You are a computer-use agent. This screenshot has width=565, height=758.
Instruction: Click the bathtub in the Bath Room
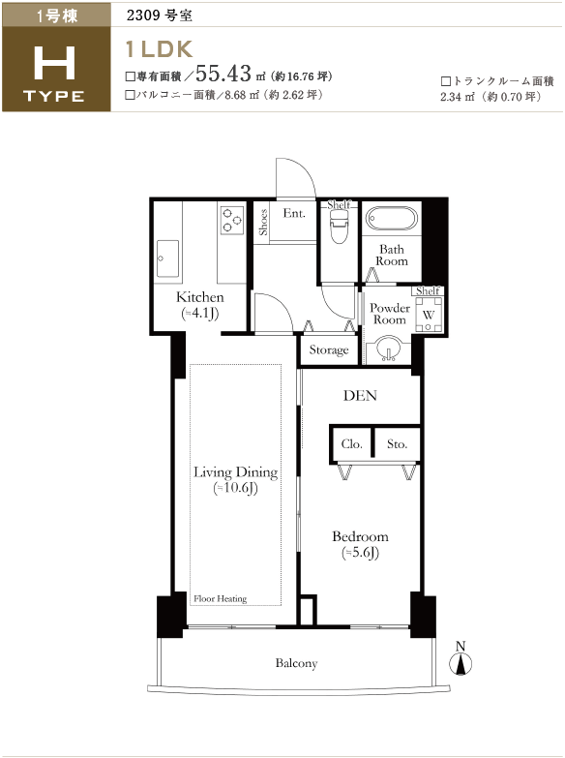click(391, 219)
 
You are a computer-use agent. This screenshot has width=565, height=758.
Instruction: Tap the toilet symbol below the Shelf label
click(339, 226)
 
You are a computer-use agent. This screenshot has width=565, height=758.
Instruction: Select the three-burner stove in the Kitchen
click(232, 220)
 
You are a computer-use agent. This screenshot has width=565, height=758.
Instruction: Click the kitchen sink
click(167, 258)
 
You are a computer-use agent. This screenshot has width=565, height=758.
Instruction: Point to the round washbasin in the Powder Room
click(388, 349)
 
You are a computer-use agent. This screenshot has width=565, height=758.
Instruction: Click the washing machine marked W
click(429, 315)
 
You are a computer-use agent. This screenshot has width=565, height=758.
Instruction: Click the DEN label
click(360, 395)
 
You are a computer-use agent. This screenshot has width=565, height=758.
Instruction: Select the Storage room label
click(329, 350)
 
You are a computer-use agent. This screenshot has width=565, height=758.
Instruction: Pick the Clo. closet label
click(351, 443)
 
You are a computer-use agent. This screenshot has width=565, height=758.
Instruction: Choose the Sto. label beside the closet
click(398, 443)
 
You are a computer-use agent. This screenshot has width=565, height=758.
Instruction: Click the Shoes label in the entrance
click(263, 222)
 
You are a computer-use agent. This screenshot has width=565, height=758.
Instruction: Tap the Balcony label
click(296, 663)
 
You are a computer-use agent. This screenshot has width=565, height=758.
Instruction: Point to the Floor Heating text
click(220, 599)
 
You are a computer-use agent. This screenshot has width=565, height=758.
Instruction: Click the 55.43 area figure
click(223, 74)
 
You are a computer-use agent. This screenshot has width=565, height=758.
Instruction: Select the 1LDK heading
click(159, 48)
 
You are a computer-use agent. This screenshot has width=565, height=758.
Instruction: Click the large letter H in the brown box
click(54, 62)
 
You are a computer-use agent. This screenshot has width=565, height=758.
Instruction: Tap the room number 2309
click(143, 15)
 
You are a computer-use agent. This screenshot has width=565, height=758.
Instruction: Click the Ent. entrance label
click(294, 213)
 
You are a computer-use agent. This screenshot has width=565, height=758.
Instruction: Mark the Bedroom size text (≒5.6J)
click(360, 553)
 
